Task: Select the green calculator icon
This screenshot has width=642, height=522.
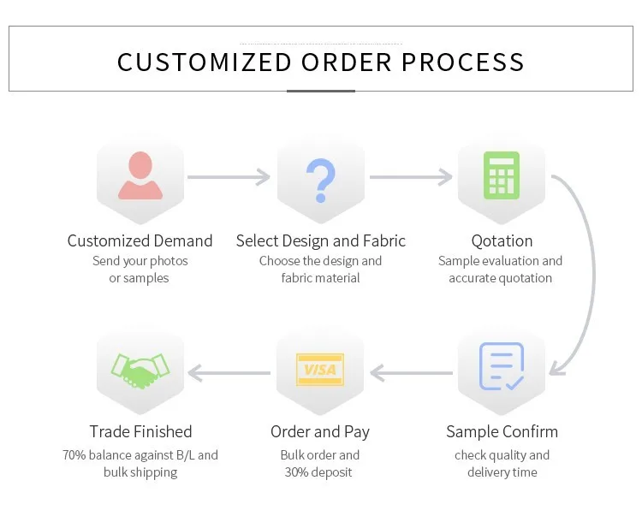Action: [x=502, y=175]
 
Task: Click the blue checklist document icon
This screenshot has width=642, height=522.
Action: [x=502, y=366]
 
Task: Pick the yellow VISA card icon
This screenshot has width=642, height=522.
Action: [x=320, y=370]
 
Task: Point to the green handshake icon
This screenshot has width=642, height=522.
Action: [x=140, y=369]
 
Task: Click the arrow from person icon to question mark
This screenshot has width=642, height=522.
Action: [x=229, y=177]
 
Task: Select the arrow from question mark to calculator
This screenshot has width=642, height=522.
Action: [x=411, y=177]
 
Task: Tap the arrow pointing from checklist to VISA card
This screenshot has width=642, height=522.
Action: [x=411, y=372]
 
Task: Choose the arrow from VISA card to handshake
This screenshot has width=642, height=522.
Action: [x=229, y=372]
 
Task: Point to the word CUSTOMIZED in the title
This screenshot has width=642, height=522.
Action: [x=205, y=62]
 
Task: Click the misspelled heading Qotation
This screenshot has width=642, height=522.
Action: [x=502, y=240]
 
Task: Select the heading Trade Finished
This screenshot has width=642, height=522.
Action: [x=140, y=431]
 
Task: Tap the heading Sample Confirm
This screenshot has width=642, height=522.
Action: [x=502, y=431]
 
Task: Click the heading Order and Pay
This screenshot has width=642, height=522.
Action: [x=320, y=431]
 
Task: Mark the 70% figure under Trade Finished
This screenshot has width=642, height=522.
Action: [x=74, y=455]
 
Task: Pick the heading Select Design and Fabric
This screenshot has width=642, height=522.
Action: [x=321, y=240]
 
